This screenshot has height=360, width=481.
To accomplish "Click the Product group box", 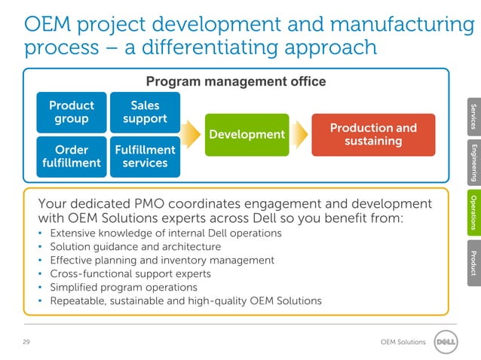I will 72,112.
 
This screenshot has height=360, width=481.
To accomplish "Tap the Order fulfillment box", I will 72,156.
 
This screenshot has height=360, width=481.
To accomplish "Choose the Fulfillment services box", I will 145,156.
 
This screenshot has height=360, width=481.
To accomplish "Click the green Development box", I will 247,134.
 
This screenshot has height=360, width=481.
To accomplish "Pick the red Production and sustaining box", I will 373,134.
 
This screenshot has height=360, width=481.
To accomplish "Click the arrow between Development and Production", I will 300,134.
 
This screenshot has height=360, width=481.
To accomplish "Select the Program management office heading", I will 235,81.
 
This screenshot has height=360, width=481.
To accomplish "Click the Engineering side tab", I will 473,162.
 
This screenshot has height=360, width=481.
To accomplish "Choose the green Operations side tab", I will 473,212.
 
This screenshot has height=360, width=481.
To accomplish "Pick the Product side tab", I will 473,263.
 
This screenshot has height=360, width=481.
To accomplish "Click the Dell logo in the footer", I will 447,342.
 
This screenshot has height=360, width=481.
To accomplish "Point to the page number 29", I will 26,343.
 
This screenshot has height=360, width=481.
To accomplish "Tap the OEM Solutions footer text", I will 403,343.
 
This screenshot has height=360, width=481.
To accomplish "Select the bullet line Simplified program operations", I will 124,287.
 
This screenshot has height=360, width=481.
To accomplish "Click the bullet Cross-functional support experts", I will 130,273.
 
